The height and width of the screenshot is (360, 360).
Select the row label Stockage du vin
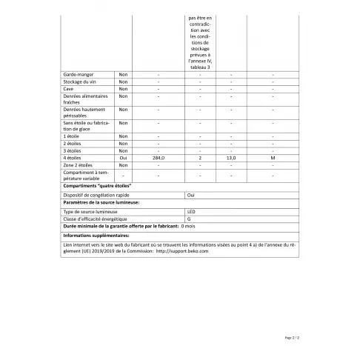[x=81, y=83]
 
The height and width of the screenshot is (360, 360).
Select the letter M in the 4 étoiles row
[x=273, y=158]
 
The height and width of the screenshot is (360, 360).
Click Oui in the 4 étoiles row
[x=123, y=158]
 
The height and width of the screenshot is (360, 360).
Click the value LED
[x=190, y=212]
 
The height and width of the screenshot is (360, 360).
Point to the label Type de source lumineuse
[x=91, y=212]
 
